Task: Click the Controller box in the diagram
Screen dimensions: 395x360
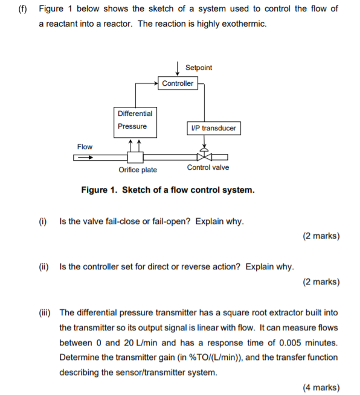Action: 178,83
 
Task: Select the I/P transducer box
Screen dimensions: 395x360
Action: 213,128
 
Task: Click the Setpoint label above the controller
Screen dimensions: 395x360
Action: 199,68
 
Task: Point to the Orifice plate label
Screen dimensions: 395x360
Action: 138,170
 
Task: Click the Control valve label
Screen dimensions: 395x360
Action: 208,167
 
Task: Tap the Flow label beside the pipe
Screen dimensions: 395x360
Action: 85,147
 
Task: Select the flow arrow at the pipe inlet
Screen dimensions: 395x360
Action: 83,158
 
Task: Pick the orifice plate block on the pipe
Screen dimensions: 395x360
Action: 135,157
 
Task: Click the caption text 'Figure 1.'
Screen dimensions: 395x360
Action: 99,190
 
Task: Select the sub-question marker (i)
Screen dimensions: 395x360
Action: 43,221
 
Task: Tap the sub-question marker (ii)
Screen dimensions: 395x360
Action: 43,266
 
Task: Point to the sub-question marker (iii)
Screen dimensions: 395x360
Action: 45,312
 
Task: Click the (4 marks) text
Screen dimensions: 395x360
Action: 321,387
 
